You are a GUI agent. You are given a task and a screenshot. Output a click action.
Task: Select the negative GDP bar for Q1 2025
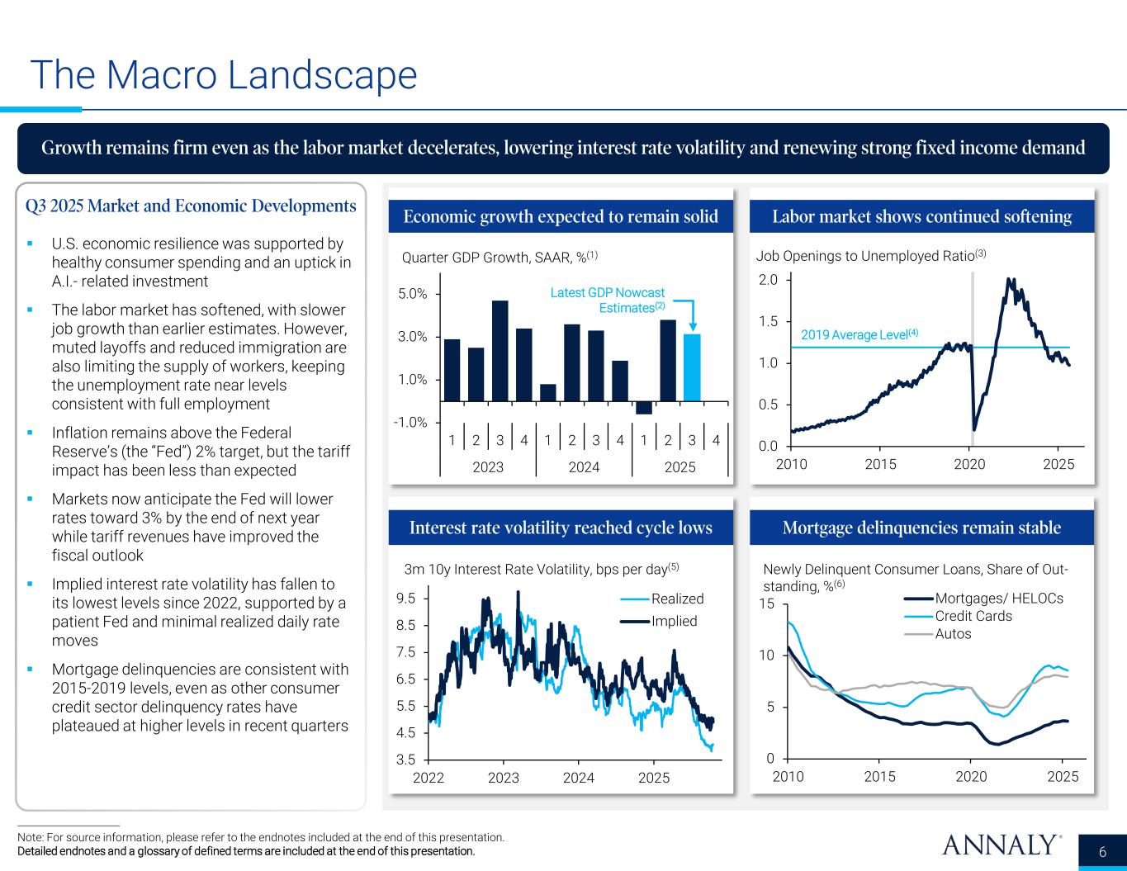tap(644, 408)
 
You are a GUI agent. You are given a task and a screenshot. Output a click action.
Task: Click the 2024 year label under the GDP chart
tap(584, 467)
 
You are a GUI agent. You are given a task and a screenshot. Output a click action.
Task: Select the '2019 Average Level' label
tap(859, 334)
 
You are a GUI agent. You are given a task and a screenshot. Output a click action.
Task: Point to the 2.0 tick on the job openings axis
tap(768, 280)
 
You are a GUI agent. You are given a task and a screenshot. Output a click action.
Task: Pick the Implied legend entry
tap(674, 621)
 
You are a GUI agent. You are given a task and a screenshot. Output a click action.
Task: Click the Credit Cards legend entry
tap(973, 616)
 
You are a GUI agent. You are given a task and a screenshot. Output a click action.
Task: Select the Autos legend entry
tap(953, 634)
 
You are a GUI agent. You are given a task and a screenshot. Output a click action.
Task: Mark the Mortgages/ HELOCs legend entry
tap(998, 599)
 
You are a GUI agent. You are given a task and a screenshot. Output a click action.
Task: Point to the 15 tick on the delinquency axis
tap(767, 604)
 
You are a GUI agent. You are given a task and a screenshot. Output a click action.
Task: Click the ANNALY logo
tap(1001, 845)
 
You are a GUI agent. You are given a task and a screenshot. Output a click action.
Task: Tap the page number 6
tap(1103, 852)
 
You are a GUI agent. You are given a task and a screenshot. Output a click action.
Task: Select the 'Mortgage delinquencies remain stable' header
tap(921, 528)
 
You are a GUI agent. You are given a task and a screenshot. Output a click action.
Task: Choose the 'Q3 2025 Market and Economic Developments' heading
tap(191, 206)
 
